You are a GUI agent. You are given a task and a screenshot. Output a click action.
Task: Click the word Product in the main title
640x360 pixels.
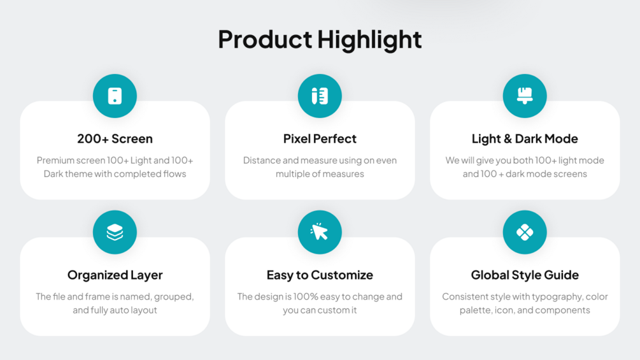point(265,40)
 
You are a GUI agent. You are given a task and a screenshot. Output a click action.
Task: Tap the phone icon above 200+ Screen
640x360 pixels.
point(115,96)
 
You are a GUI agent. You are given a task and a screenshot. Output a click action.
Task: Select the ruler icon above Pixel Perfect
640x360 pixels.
point(320,96)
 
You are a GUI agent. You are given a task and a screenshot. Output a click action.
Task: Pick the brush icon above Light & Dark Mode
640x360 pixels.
point(525,96)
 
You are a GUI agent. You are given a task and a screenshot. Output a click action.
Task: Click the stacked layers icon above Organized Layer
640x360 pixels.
point(115,232)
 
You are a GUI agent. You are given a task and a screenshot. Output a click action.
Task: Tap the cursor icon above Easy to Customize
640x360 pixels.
point(319,232)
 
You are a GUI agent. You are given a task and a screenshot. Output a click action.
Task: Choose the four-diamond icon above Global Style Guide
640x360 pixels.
point(525,232)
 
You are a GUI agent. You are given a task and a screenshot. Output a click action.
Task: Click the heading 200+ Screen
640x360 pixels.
point(115,139)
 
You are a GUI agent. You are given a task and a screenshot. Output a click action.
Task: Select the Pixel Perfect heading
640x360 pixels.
point(320,139)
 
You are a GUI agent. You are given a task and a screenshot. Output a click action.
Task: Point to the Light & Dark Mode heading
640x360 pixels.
point(525,139)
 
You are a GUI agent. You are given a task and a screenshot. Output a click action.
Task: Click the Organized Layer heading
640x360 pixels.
point(115,275)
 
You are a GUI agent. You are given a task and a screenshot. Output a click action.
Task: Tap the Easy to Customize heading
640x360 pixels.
point(320,275)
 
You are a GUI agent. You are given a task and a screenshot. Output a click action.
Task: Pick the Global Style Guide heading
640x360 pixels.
point(525,275)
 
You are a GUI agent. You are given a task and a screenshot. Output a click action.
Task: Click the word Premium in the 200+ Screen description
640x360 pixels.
point(55,161)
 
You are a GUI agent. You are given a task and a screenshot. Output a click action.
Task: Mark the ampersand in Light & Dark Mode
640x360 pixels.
point(508,139)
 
